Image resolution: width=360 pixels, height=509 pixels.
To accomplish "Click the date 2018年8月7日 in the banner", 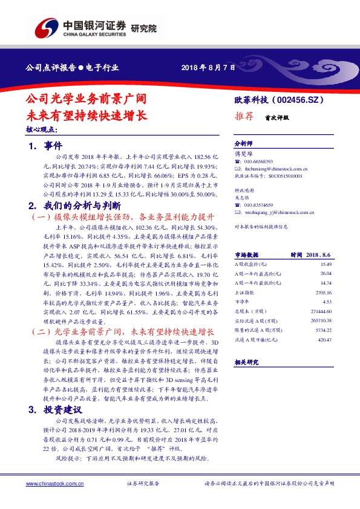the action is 208,68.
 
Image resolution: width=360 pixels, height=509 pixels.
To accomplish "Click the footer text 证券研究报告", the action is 143,484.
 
